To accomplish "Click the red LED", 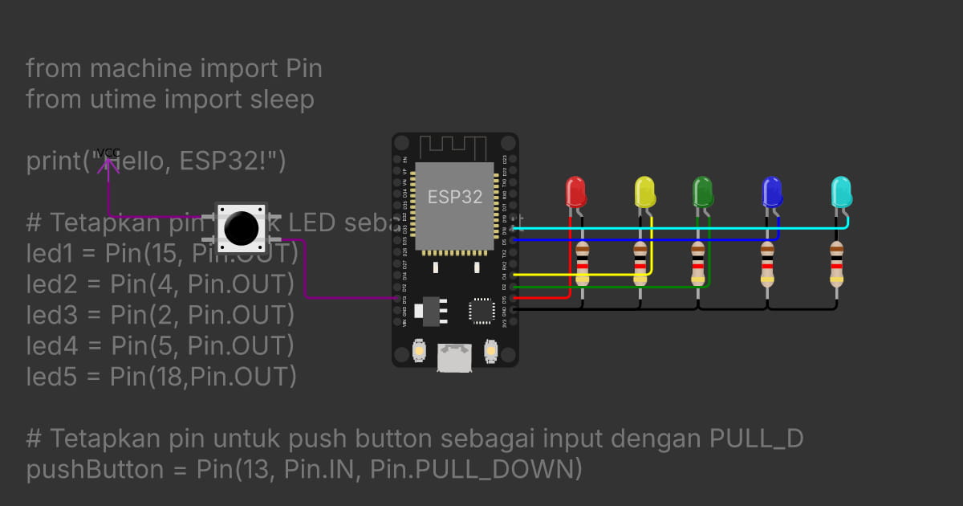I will pyautogui.click(x=575, y=193).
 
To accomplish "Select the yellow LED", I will pyautogui.click(x=644, y=193).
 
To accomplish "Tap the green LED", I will pyautogui.click(x=703, y=192).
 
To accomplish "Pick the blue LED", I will pyautogui.click(x=771, y=193).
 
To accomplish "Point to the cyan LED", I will pyautogui.click(x=841, y=193).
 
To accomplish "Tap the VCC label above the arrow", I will pyautogui.click(x=108, y=153).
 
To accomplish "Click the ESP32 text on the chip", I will pyautogui.click(x=455, y=197).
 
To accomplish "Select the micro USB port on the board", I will pyautogui.click(x=454, y=357).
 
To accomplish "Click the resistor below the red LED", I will pyautogui.click(x=583, y=264).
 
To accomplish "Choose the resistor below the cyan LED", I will pyautogui.click(x=837, y=264).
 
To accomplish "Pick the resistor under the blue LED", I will pyautogui.click(x=768, y=264).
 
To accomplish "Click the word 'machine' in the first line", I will pyautogui.click(x=134, y=69).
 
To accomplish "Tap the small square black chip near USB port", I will pyautogui.click(x=481, y=311).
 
